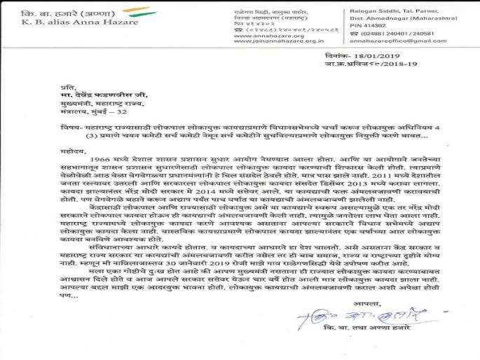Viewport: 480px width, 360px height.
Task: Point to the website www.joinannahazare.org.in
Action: [270, 40]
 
